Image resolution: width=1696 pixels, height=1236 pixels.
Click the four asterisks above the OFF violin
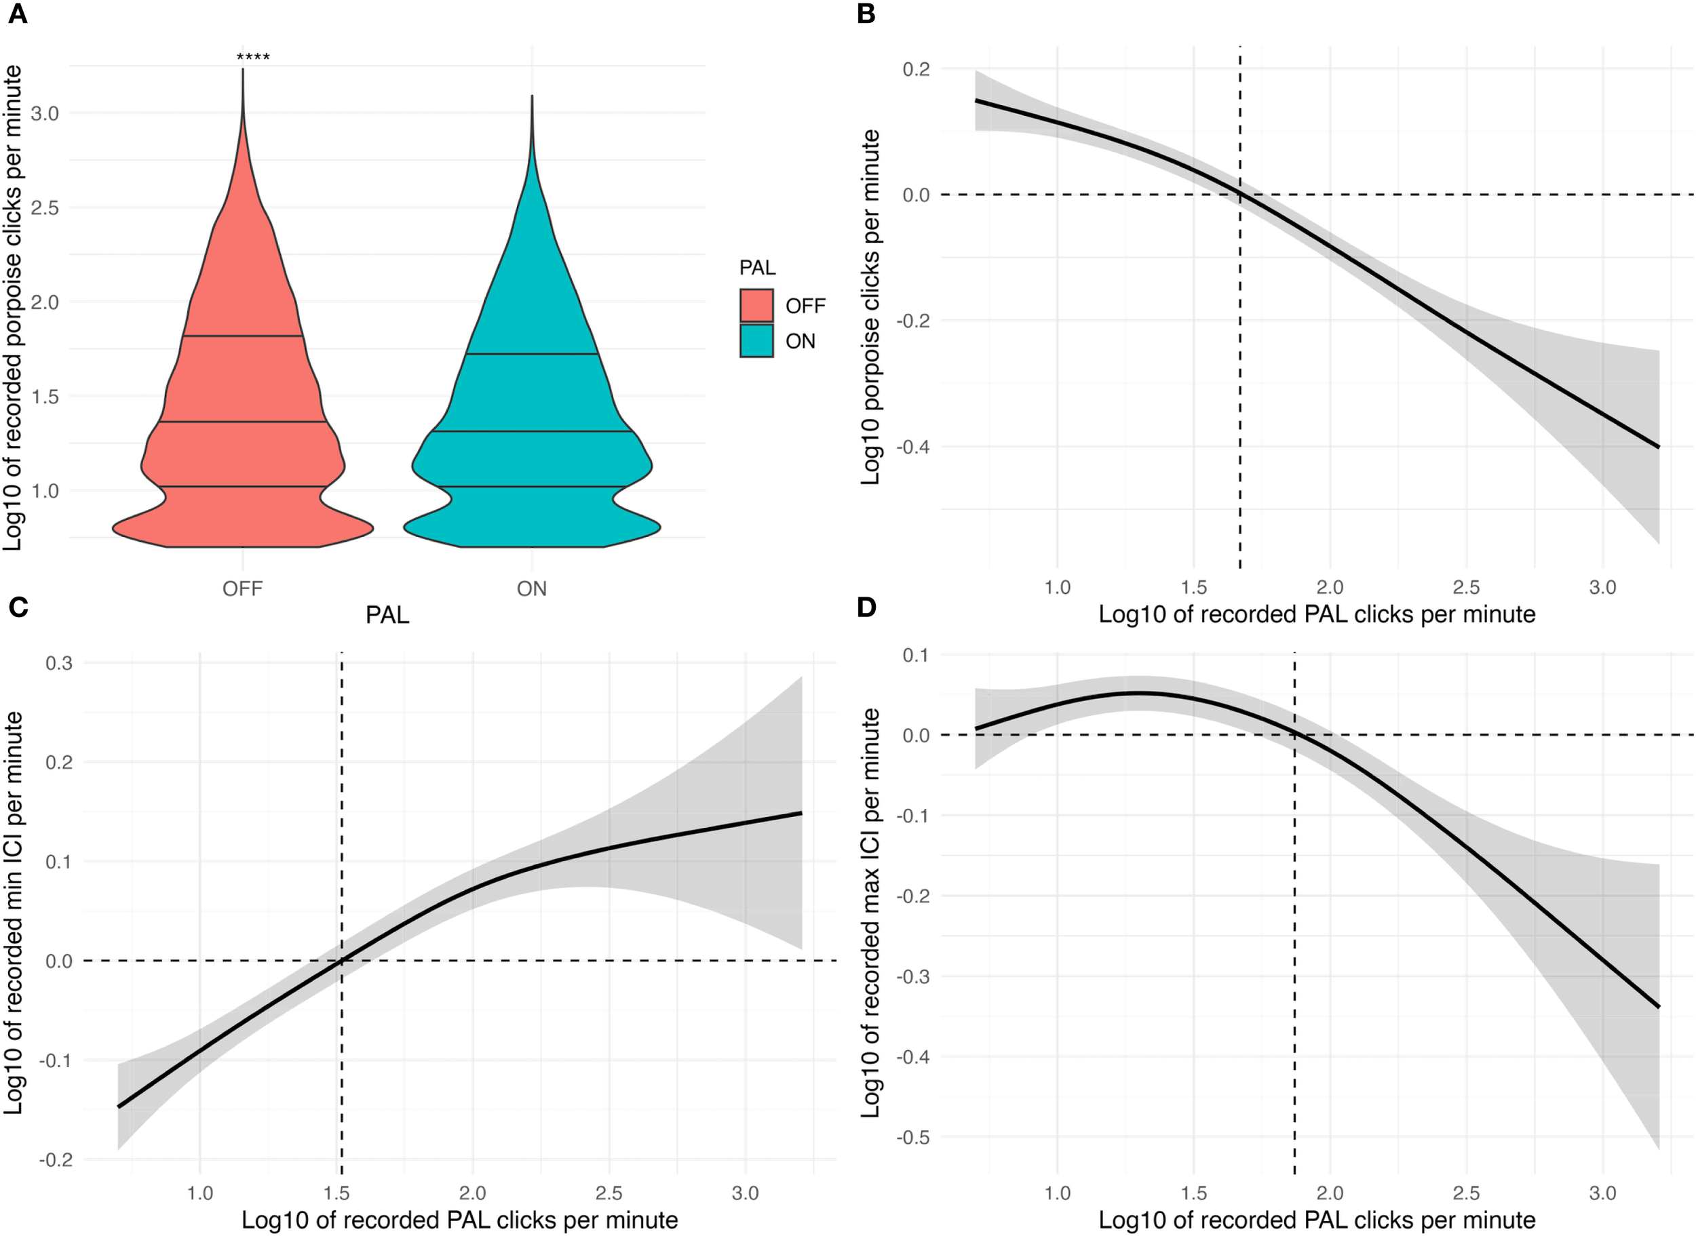(253, 57)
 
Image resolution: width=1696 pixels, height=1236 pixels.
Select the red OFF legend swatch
(756, 305)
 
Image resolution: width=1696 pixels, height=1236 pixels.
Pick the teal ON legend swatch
(756, 340)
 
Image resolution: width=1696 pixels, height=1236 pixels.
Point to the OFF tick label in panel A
(242, 589)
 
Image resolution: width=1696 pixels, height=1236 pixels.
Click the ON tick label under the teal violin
(531, 589)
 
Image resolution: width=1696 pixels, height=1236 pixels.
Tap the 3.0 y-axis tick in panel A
(45, 113)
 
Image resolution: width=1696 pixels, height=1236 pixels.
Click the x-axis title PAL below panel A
(387, 615)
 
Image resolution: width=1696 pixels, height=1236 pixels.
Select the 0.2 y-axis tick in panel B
(916, 69)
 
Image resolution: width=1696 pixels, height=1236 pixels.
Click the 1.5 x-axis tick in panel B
(1193, 587)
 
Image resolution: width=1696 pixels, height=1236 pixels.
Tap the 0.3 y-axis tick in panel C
(59, 663)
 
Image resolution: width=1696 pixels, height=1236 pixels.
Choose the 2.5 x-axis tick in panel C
(609, 1193)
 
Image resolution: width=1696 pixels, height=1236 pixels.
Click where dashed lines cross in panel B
(1240, 195)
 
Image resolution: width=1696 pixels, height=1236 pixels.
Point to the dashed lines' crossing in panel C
(341, 961)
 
